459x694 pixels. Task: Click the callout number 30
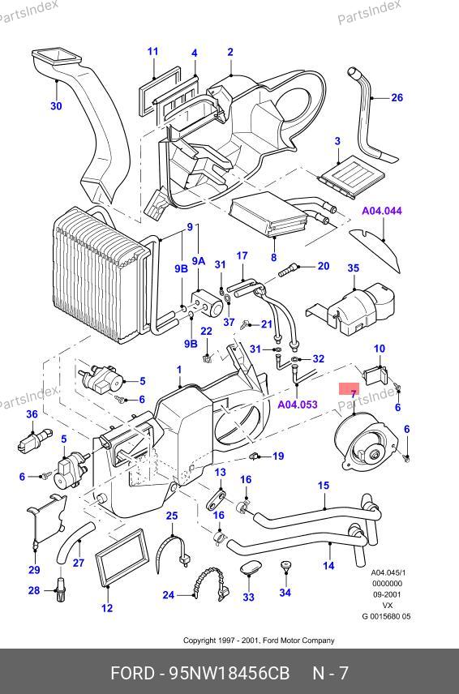(56, 105)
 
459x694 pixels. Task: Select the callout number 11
(152, 51)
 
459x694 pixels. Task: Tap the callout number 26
(397, 97)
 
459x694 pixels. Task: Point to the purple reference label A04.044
(382, 211)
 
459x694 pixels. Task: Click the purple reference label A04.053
(298, 404)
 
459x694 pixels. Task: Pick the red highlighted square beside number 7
(350, 388)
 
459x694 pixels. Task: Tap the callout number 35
(354, 268)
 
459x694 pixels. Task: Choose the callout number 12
(107, 608)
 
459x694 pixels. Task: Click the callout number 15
(324, 486)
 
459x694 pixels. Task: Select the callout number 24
(168, 595)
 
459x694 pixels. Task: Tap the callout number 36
(32, 414)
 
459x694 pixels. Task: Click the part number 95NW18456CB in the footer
(229, 674)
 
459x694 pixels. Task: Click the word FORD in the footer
(132, 674)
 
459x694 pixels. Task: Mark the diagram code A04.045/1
(388, 572)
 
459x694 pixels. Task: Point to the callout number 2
(230, 52)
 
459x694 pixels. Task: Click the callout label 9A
(199, 261)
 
